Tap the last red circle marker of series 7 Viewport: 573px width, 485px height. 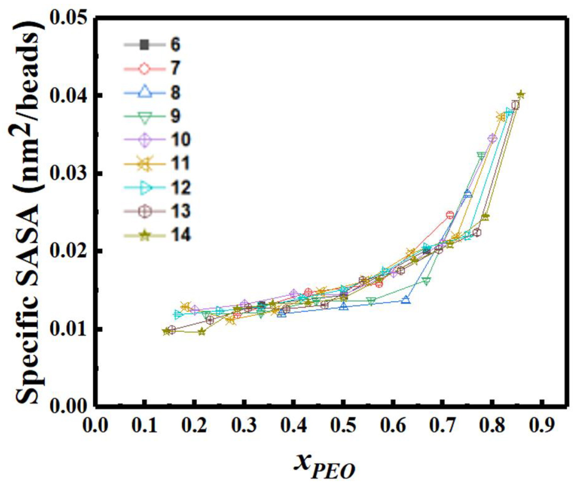click(x=450, y=215)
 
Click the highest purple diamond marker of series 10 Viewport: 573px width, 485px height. click(x=492, y=138)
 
